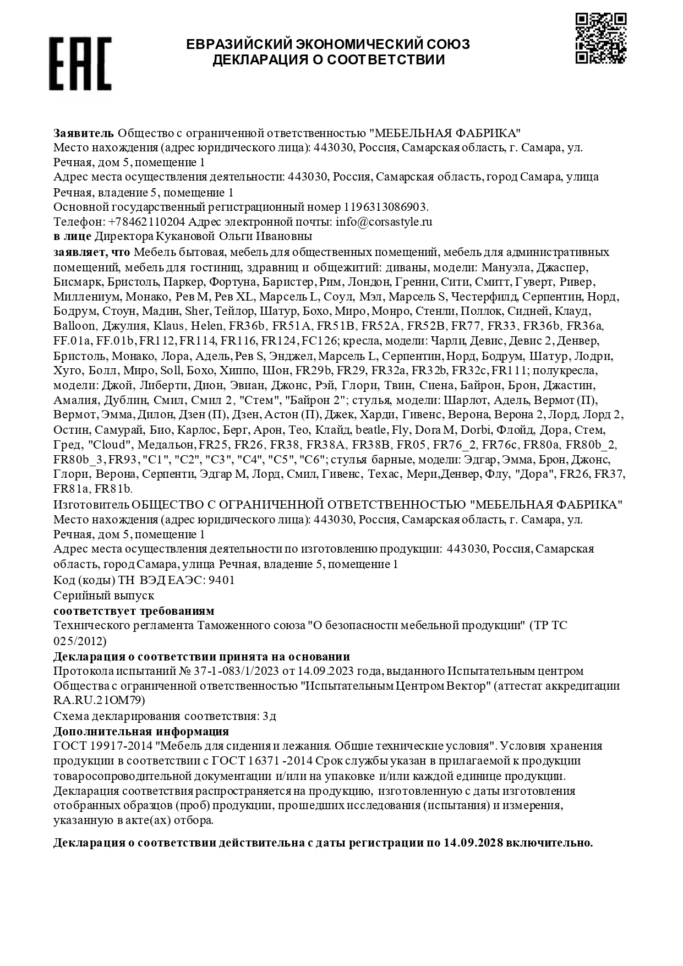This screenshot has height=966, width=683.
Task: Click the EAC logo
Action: [80, 63]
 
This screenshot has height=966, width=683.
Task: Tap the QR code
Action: [600, 38]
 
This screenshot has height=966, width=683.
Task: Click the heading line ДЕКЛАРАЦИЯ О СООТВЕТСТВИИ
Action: [329, 60]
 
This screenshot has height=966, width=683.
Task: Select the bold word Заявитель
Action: [84, 133]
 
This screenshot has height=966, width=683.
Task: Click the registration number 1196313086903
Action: [385, 207]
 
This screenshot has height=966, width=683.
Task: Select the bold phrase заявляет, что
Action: [92, 252]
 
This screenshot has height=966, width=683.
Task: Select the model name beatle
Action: [371, 429]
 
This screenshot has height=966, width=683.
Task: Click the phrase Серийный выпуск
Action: [103, 596]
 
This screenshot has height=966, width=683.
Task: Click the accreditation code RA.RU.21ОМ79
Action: [99, 700]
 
